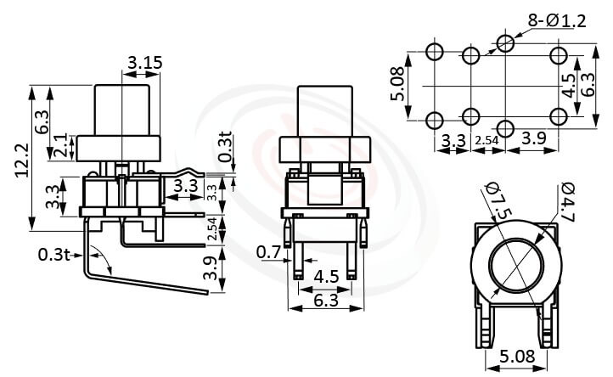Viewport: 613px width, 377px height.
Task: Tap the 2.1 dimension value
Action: click(60, 147)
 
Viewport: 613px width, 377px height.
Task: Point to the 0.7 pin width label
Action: click(268, 251)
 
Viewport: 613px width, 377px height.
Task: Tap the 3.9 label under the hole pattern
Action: click(534, 138)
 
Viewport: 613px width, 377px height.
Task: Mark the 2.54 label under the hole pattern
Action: click(486, 139)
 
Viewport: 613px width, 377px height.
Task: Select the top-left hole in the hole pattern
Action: click(436, 52)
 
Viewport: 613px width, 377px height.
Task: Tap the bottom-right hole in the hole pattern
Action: click(558, 116)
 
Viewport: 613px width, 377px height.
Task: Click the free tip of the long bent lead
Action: click(207, 292)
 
